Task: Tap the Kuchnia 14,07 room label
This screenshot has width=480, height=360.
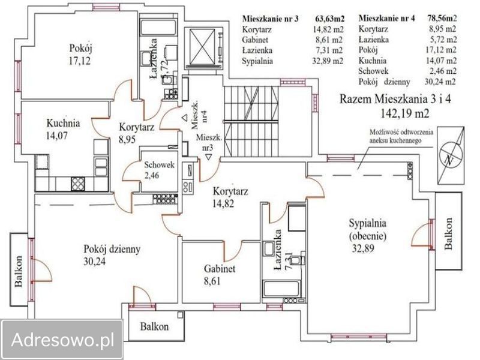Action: [x=63, y=128]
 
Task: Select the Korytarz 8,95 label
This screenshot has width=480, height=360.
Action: [x=137, y=133]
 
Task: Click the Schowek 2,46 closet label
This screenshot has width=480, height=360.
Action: [x=158, y=172]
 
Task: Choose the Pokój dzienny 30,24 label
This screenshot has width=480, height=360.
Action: [x=112, y=254]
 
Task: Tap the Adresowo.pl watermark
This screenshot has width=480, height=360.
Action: [x=62, y=340]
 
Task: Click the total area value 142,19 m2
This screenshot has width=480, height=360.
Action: [x=401, y=112]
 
